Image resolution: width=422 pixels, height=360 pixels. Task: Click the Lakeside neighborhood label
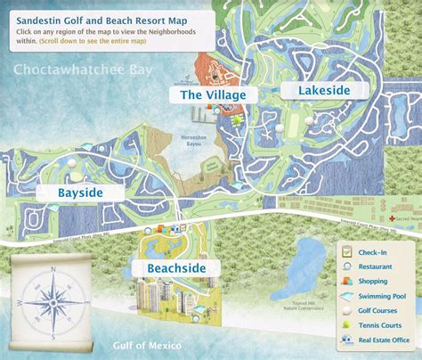click(x=312, y=90)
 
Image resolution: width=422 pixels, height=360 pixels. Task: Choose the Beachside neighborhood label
click(x=169, y=266)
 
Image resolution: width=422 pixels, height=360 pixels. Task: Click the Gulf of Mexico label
click(x=148, y=345)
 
